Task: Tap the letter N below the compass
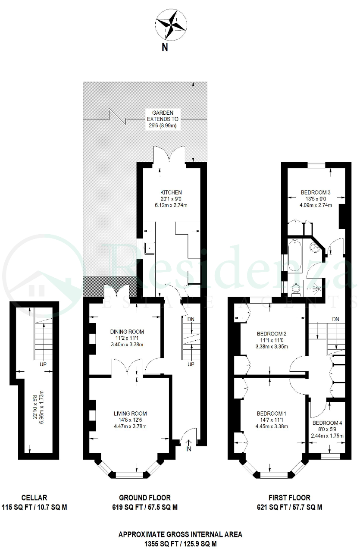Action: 165,47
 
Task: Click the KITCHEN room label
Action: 171,192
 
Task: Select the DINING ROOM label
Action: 127,332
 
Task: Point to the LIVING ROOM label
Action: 130,414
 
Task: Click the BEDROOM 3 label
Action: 316,192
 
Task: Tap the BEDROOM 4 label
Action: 327,423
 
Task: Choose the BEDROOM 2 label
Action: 272,334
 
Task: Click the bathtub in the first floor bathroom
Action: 295,256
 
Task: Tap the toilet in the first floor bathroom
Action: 295,289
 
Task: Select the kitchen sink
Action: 150,248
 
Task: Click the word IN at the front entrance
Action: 188,449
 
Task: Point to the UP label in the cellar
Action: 43,364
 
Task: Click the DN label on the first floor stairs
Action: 335,320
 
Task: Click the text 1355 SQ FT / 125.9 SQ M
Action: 180,544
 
